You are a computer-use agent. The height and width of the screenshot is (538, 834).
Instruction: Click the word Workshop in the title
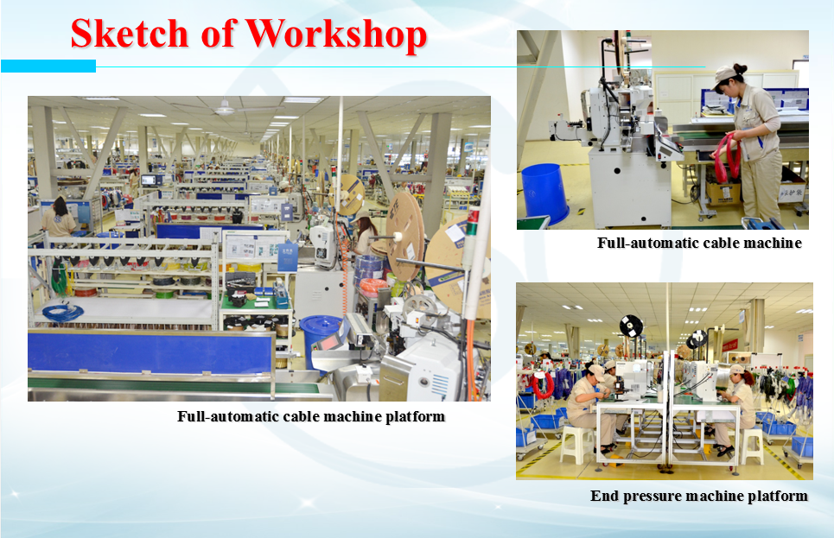336,34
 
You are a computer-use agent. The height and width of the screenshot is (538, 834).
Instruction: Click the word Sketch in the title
130,34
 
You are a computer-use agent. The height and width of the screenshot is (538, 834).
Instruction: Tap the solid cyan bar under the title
48,66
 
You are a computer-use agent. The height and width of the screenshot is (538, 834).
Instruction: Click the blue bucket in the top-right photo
544,193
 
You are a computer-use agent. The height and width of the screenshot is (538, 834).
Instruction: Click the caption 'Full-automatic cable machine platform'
311,416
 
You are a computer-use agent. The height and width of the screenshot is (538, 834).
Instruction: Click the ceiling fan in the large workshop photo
225,110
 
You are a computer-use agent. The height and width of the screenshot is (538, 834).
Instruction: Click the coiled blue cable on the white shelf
62,312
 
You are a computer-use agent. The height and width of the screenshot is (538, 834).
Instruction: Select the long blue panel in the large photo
151,351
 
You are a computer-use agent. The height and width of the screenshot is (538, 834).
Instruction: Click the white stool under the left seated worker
576,443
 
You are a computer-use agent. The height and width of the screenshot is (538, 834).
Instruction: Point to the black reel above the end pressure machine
631,326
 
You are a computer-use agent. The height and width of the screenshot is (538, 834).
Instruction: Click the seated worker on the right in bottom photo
735,409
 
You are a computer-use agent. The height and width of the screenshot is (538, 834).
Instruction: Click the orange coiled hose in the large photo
372,287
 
